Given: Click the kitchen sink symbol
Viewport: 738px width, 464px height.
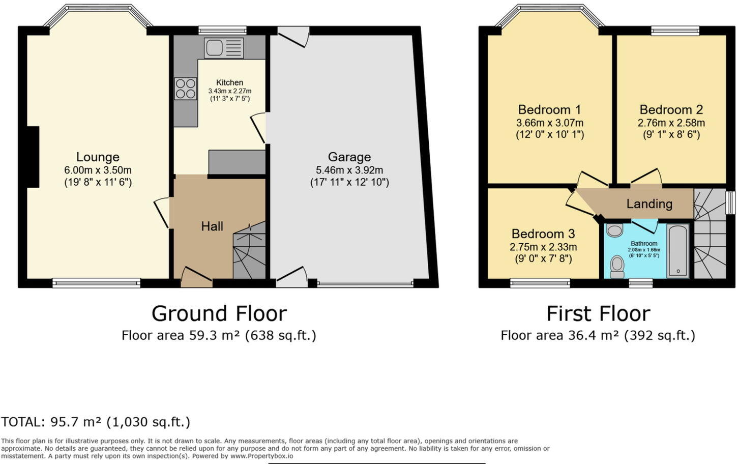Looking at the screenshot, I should pos(224,48).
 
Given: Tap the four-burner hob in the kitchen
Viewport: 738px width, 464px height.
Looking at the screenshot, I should pos(186,88).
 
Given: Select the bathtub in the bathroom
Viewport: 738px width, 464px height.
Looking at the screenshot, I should pos(677,251).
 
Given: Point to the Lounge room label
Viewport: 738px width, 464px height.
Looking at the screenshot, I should pos(98,157).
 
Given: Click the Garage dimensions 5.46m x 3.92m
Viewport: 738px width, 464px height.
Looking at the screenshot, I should pos(349,170).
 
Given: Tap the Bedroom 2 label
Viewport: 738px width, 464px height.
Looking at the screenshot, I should pos(671,110).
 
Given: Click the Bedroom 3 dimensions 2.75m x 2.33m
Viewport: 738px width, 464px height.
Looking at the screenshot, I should pos(543,247).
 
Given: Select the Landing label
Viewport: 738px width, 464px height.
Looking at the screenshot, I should pos(649,204).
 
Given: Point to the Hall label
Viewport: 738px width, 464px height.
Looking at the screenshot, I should pos(212,226).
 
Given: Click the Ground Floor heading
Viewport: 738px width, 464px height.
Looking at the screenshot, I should pos(219,313).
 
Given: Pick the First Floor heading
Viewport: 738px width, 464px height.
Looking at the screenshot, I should pos(598,313).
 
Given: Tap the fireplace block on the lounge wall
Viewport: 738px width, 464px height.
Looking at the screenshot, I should pos(33,157).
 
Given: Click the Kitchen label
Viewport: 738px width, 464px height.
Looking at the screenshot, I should pos(229,82).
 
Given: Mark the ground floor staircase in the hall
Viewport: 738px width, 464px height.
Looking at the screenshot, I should pos(249,252).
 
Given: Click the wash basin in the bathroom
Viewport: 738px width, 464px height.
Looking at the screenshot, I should pos(615,230).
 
